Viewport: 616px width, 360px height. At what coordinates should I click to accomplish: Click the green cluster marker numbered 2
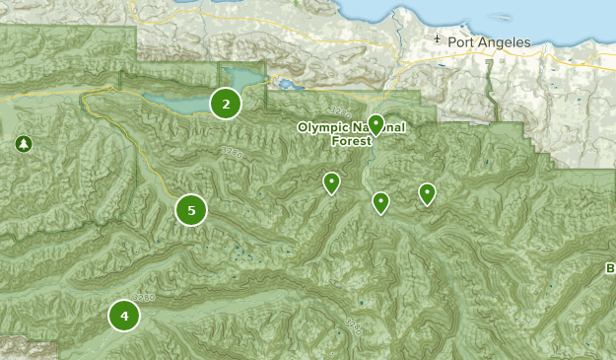[x=226, y=104]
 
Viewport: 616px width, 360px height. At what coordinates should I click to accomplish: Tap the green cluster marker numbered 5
[x=191, y=209]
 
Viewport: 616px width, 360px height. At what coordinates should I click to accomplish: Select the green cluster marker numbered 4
[x=124, y=316]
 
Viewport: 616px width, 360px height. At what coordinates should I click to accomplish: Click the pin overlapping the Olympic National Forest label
[x=376, y=124]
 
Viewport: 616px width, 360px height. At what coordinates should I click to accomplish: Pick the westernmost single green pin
[x=332, y=182]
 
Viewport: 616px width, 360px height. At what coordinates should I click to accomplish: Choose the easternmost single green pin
[x=427, y=193]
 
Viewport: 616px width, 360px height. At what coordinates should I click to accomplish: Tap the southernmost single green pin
[x=380, y=203]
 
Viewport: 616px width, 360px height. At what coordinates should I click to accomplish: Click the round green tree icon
[x=23, y=144]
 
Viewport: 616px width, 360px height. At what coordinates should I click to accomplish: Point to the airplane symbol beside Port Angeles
[x=438, y=41]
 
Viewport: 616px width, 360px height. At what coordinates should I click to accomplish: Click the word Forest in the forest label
[x=352, y=141]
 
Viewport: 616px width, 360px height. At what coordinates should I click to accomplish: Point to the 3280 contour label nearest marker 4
[x=144, y=295]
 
